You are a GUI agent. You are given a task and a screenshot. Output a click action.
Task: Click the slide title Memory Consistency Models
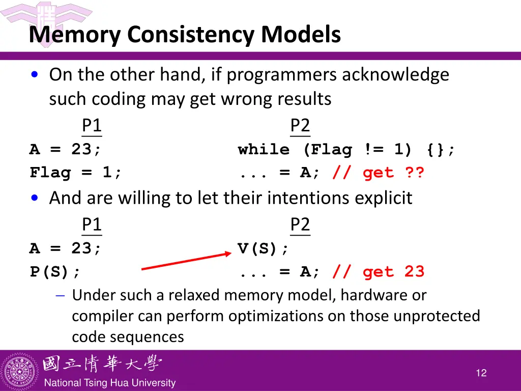(185, 35)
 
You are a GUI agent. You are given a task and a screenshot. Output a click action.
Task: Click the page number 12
(481, 373)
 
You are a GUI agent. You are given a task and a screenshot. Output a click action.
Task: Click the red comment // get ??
(378, 173)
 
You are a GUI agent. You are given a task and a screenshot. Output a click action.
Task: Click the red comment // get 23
(378, 272)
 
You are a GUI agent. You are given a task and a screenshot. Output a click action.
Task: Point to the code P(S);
(55, 272)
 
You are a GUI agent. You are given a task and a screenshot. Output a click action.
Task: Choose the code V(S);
(264, 248)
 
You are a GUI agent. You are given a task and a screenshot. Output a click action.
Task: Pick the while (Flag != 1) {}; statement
(347, 150)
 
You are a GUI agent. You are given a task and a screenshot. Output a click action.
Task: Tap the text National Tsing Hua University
(109, 383)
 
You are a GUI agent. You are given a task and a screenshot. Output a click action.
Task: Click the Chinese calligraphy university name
(102, 364)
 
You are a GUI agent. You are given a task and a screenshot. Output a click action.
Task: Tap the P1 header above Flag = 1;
(92, 126)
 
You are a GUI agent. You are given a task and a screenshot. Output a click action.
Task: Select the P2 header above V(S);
(300, 225)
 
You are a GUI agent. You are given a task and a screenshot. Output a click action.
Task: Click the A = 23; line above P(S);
(66, 248)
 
